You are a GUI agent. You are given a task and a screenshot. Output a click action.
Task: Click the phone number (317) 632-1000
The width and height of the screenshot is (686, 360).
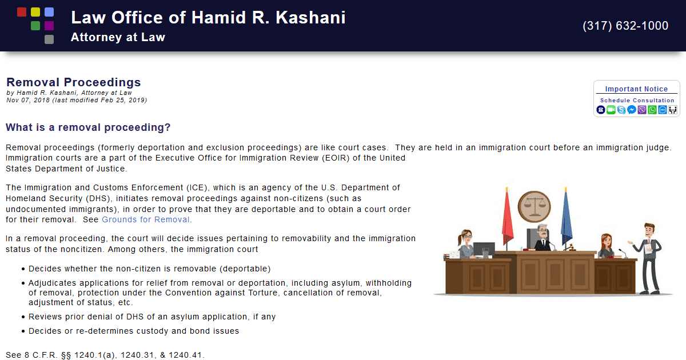[625, 26]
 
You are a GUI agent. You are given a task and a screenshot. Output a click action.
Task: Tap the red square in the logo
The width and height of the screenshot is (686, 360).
[22, 12]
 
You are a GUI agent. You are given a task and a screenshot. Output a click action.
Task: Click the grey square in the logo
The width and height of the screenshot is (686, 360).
[49, 39]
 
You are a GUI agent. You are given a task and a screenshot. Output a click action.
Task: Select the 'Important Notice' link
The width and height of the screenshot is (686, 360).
[636, 89]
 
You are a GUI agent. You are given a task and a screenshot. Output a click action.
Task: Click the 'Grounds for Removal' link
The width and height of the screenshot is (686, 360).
[146, 219]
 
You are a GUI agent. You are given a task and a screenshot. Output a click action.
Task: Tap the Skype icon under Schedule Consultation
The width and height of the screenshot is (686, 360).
[621, 110]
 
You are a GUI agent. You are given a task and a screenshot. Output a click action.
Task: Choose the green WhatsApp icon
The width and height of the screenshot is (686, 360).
[652, 110]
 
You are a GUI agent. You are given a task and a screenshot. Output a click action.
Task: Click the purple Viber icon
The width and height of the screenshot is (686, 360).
[642, 110]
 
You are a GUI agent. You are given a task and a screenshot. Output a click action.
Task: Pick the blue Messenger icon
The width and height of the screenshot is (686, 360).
[632, 110]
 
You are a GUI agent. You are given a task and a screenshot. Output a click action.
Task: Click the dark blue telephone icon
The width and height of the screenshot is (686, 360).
[601, 110]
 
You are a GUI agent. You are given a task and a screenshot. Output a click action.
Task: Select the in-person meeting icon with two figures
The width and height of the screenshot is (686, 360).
[673, 110]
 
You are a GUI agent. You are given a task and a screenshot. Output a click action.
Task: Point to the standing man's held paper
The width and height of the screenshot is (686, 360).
[648, 250]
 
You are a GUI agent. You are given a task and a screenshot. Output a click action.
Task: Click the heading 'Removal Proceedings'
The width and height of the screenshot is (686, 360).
[73, 83]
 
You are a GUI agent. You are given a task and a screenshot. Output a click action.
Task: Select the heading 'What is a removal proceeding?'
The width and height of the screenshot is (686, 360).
[88, 127]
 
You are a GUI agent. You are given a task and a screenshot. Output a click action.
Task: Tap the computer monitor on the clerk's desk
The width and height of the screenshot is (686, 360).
[484, 249]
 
